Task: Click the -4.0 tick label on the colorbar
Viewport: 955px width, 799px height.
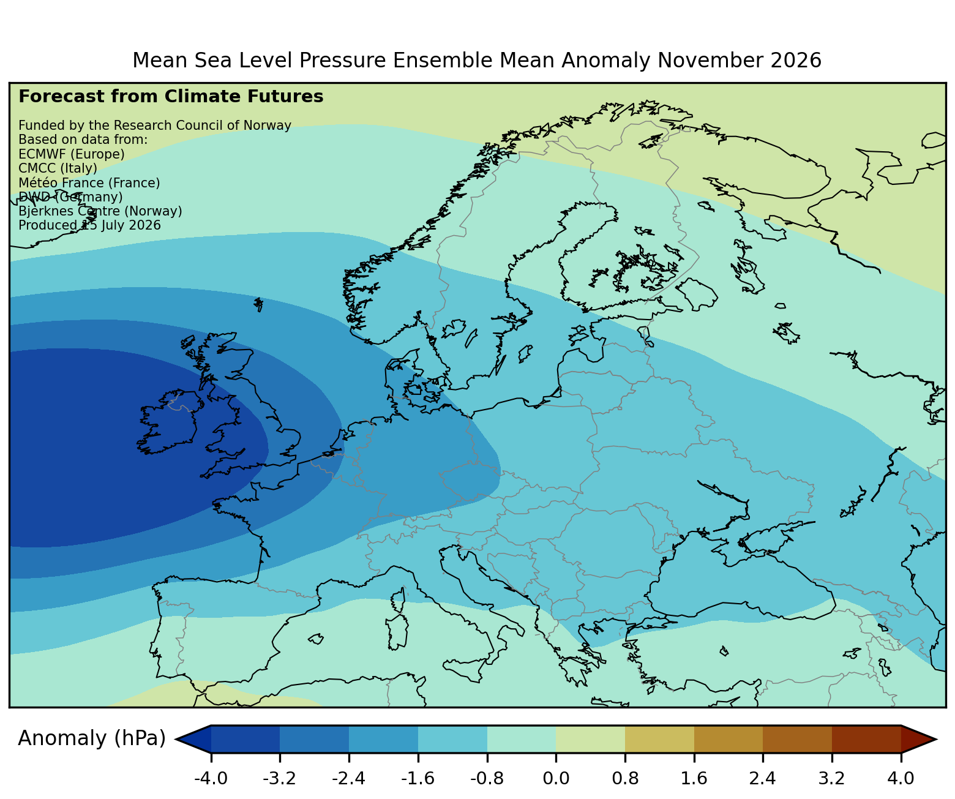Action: pyautogui.click(x=211, y=778)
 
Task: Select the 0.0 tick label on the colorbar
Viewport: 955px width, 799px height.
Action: pyautogui.click(x=556, y=778)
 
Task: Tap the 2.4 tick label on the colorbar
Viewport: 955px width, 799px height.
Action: pyautogui.click(x=762, y=778)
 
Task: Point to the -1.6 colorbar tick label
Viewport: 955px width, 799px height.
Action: pyautogui.click(x=418, y=778)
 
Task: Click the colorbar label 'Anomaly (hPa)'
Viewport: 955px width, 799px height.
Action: pyautogui.click(x=91, y=738)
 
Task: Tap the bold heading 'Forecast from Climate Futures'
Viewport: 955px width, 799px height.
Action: pyautogui.click(x=171, y=97)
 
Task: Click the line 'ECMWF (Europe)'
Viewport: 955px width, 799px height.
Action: pyautogui.click(x=72, y=154)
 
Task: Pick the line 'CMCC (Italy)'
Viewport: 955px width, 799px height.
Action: pyautogui.click(x=58, y=168)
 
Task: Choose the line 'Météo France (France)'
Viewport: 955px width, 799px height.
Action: pyautogui.click(x=89, y=183)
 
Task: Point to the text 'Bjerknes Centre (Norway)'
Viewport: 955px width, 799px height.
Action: pyautogui.click(x=100, y=211)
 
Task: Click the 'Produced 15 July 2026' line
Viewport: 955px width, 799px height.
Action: pyautogui.click(x=89, y=225)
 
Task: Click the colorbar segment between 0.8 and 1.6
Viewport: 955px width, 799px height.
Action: pyautogui.click(x=659, y=738)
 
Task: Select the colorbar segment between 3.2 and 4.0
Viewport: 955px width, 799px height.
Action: pyautogui.click(x=866, y=738)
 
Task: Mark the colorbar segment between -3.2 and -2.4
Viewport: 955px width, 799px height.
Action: pyautogui.click(x=314, y=738)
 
